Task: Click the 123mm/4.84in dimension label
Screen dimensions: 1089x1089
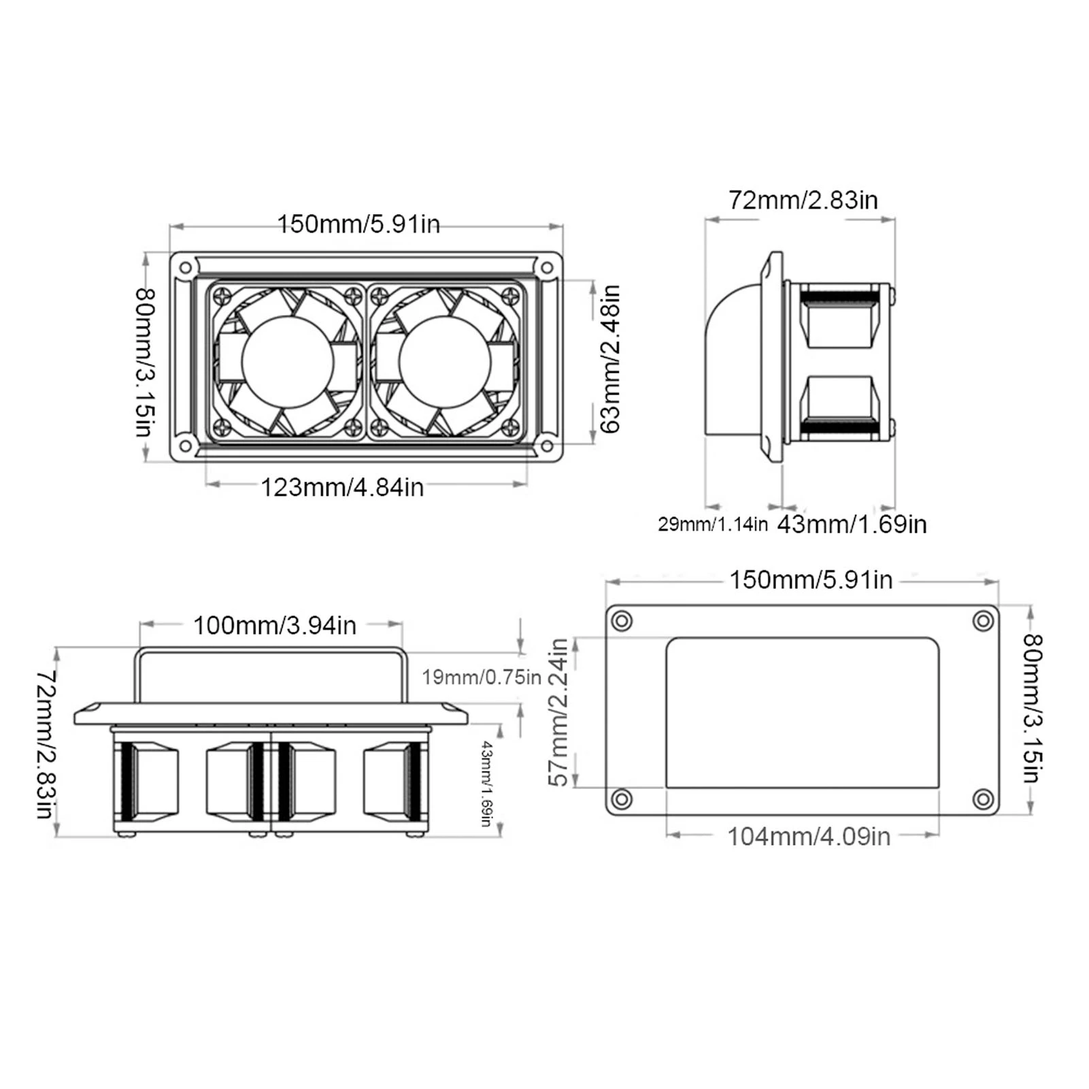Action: click(x=342, y=487)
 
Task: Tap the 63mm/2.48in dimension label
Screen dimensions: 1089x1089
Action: click(x=610, y=358)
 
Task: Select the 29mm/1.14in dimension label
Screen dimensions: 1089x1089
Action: click(x=712, y=524)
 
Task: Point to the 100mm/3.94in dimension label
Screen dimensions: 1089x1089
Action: click(x=275, y=625)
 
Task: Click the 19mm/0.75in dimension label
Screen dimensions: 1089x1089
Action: click(x=482, y=677)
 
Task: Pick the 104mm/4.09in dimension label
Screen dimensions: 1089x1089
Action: click(x=809, y=836)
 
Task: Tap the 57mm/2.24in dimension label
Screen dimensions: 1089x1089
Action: click(x=558, y=712)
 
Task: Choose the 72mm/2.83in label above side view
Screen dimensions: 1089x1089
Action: click(x=803, y=199)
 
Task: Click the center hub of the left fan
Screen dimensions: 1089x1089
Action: click(x=288, y=362)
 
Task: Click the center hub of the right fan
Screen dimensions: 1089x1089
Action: click(x=446, y=362)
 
